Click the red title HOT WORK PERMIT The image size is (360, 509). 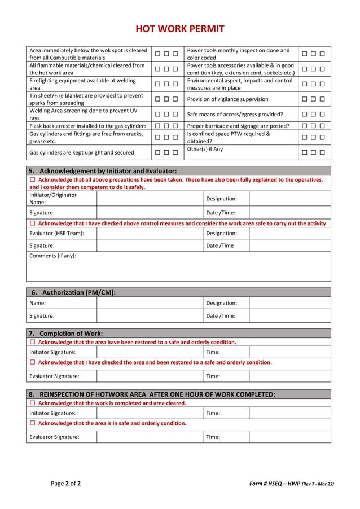pyautogui.click(x=179, y=29)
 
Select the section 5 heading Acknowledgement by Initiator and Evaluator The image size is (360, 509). pyautogui.click(x=102, y=171)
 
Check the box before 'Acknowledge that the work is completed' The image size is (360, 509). pyautogui.click(x=33, y=403)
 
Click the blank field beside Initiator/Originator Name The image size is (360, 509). pyautogui.click(x=150, y=199)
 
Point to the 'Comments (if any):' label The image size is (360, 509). pyautogui.click(x=52, y=256)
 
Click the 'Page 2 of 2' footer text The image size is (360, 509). pyautogui.click(x=65, y=484)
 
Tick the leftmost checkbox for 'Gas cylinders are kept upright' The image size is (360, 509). pyautogui.click(x=158, y=152)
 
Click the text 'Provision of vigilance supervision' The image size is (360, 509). pyautogui.click(x=227, y=99)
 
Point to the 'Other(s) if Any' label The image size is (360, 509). pyautogui.click(x=205, y=149)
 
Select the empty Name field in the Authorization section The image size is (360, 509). pyautogui.click(x=150, y=303)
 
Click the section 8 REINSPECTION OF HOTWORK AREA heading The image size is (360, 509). pyautogui.click(x=152, y=394)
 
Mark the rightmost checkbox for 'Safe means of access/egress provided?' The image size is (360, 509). pyautogui.click(x=322, y=114)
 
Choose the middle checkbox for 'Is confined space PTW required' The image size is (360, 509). pyautogui.click(x=313, y=138)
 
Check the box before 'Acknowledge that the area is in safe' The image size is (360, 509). pyautogui.click(x=33, y=423)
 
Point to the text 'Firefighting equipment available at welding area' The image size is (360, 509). pyautogui.click(x=83, y=85)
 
